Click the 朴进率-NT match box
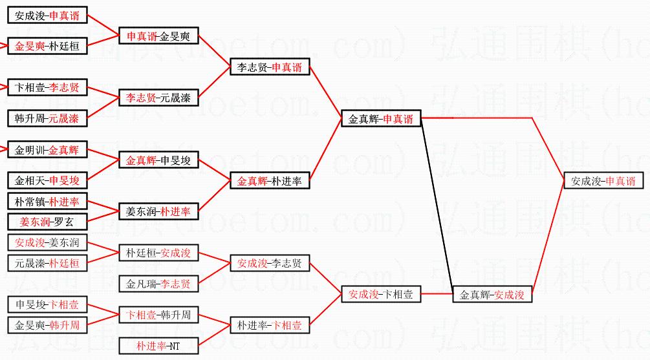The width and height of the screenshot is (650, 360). (158, 346)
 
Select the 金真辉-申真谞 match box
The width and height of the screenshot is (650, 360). (381, 119)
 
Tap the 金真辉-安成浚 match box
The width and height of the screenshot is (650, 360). (492, 295)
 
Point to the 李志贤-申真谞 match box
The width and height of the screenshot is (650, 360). (269, 67)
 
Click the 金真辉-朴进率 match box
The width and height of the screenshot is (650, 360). (269, 182)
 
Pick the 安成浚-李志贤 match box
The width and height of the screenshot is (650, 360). (269, 264)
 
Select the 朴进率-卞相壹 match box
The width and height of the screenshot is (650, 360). (269, 326)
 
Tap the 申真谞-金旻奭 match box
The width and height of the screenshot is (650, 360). (158, 36)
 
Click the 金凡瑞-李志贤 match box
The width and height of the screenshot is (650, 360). (158, 284)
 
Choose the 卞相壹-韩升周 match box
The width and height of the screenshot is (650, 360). (158, 315)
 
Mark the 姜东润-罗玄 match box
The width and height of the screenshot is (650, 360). (47, 222)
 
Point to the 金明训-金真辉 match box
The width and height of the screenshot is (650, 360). (47, 151)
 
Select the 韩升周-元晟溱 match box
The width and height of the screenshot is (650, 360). (47, 118)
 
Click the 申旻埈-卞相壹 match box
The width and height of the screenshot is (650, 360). (47, 304)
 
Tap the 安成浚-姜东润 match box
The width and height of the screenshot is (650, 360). (47, 243)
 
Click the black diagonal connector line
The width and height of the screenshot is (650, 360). (439, 206)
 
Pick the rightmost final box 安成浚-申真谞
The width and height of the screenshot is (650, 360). (603, 182)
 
